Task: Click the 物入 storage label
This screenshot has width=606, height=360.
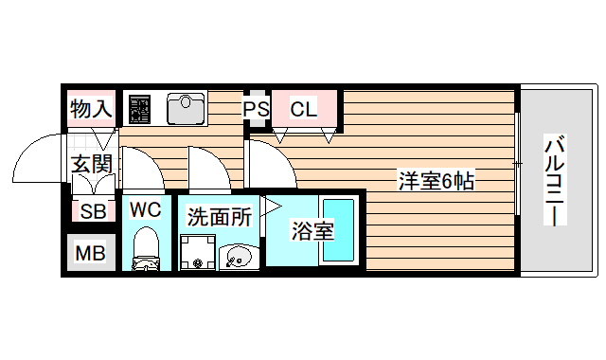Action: [92, 110]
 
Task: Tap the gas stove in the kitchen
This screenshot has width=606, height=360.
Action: [141, 108]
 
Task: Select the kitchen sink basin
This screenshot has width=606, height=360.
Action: [187, 108]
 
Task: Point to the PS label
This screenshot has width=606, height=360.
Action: [256, 110]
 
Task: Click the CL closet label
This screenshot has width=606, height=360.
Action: [303, 110]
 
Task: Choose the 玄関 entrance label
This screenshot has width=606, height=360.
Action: [92, 164]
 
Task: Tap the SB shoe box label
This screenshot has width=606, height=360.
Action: [92, 211]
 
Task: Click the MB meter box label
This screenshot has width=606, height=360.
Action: [91, 253]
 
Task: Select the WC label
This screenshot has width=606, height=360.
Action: [147, 208]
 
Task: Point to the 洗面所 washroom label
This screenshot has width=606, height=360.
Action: [219, 216]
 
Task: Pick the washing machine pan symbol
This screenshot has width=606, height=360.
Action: [198, 251]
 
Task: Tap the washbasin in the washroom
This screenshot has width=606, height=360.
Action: [238, 256]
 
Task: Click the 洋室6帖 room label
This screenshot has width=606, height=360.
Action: [435, 181]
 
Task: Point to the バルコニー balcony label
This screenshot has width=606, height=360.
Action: [555, 181]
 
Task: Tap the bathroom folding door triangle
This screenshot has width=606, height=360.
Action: [274, 205]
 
